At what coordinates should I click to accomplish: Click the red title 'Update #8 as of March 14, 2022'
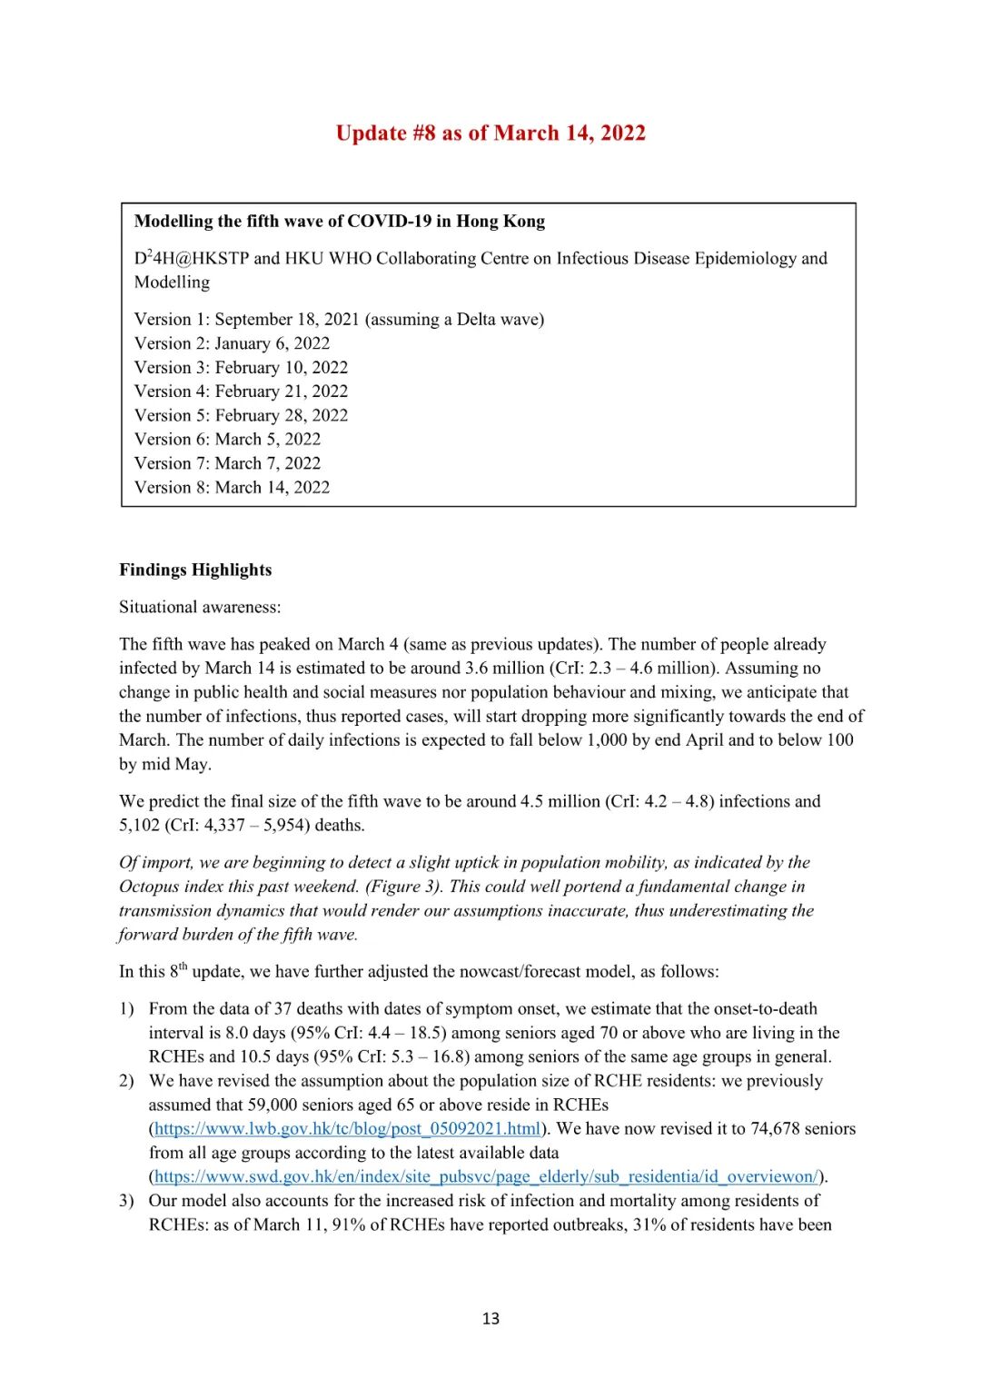click(x=490, y=134)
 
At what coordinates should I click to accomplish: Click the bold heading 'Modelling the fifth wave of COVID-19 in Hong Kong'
click(x=340, y=222)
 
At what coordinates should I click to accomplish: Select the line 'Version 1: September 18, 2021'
click(x=339, y=320)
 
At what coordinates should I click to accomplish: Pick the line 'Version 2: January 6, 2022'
click(x=232, y=343)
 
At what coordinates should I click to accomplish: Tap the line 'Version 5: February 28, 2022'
click(x=241, y=415)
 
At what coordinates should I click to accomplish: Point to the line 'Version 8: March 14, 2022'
click(x=232, y=487)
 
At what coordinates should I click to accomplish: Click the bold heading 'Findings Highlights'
click(x=195, y=570)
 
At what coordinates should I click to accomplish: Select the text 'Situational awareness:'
click(x=200, y=607)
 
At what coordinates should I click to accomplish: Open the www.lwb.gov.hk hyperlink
click(x=348, y=1129)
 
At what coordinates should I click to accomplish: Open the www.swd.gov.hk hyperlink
click(x=486, y=1176)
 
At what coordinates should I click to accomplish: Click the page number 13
click(x=490, y=1318)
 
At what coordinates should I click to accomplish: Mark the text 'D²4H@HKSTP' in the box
click(x=192, y=259)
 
